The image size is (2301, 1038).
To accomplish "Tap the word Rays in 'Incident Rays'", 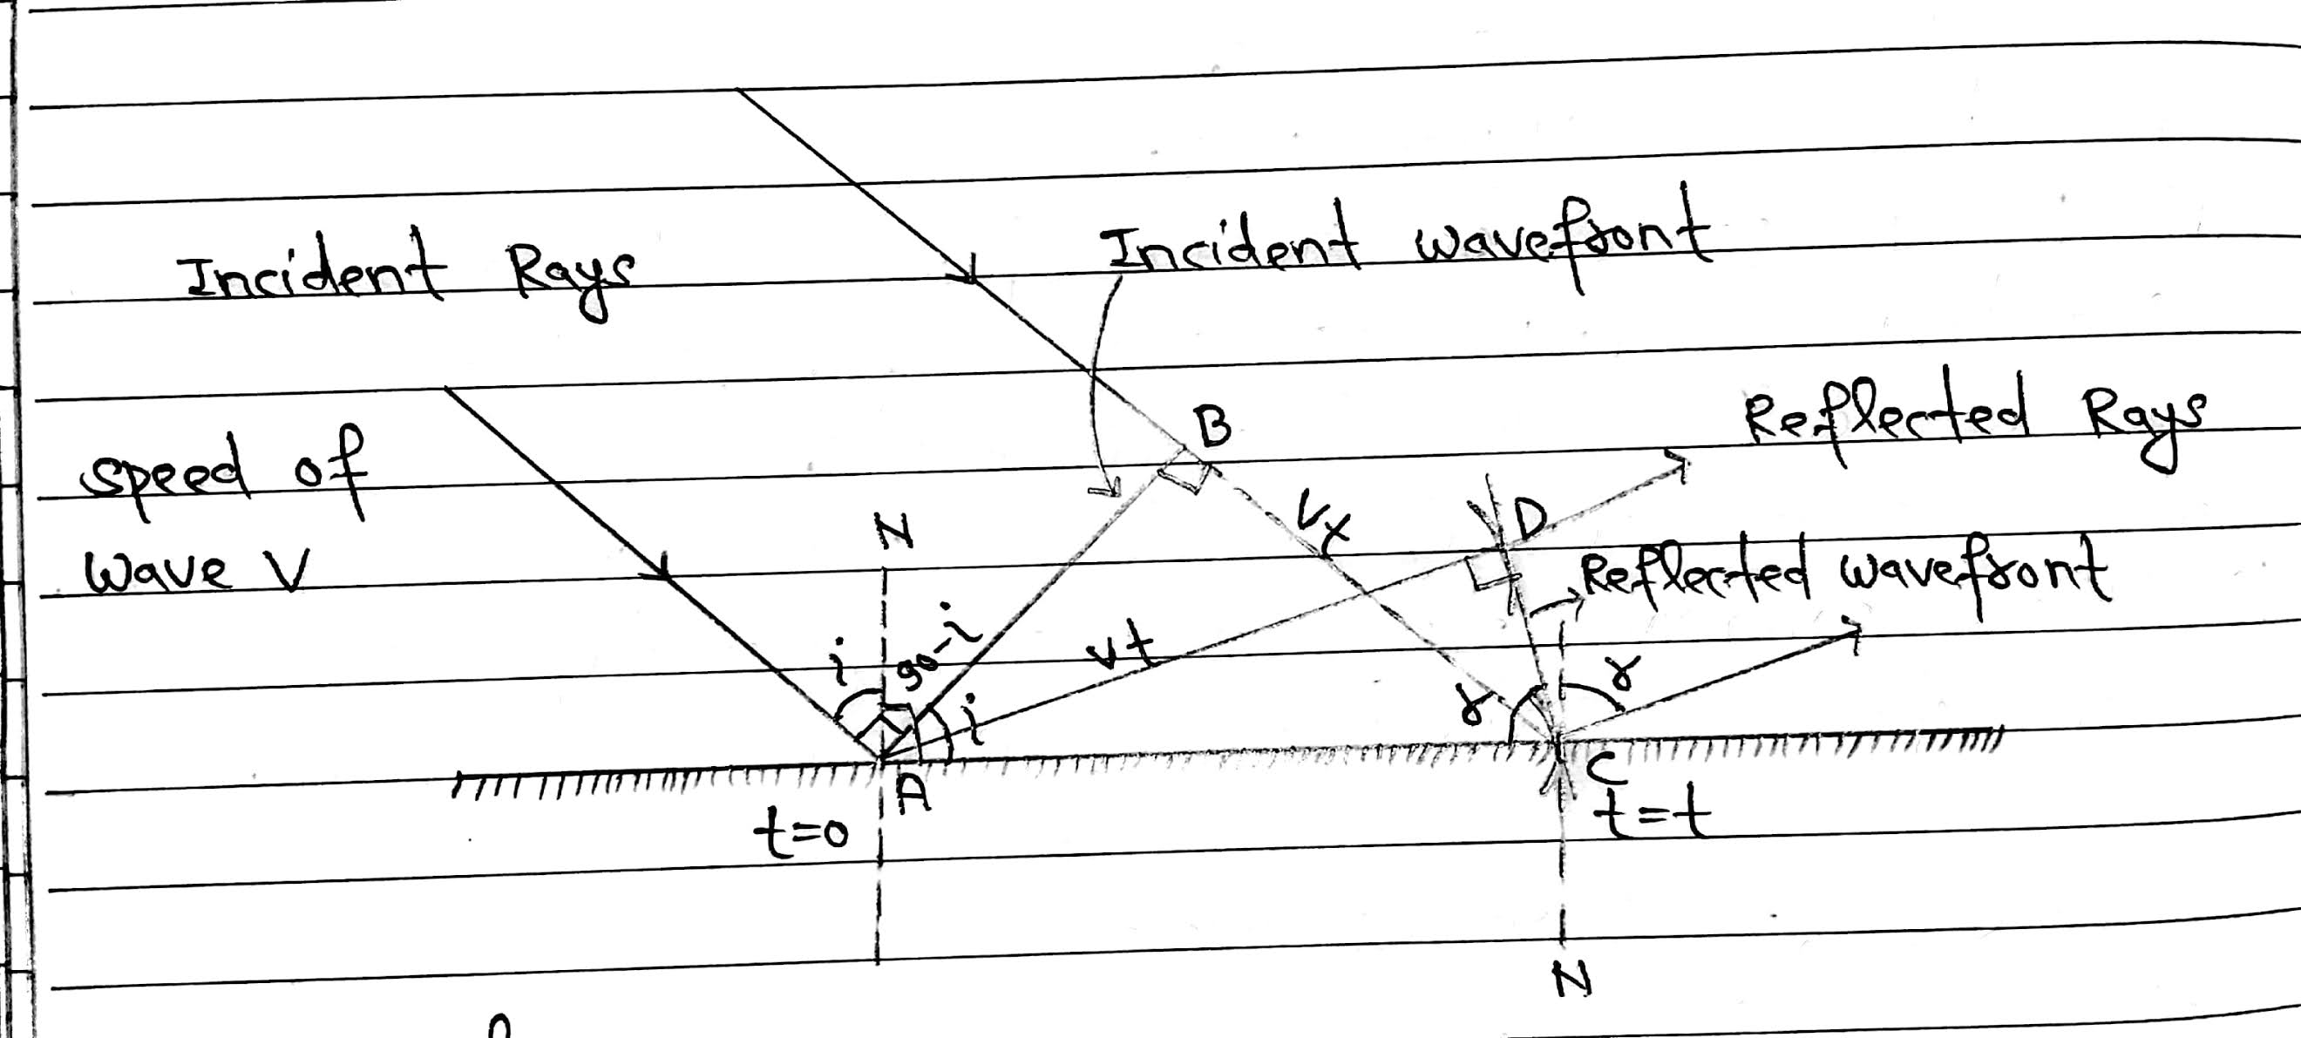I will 572,277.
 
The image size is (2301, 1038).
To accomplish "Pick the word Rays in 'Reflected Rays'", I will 2144,424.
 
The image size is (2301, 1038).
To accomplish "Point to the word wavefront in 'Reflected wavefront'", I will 1974,577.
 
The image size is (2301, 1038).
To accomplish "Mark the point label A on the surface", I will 912,791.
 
